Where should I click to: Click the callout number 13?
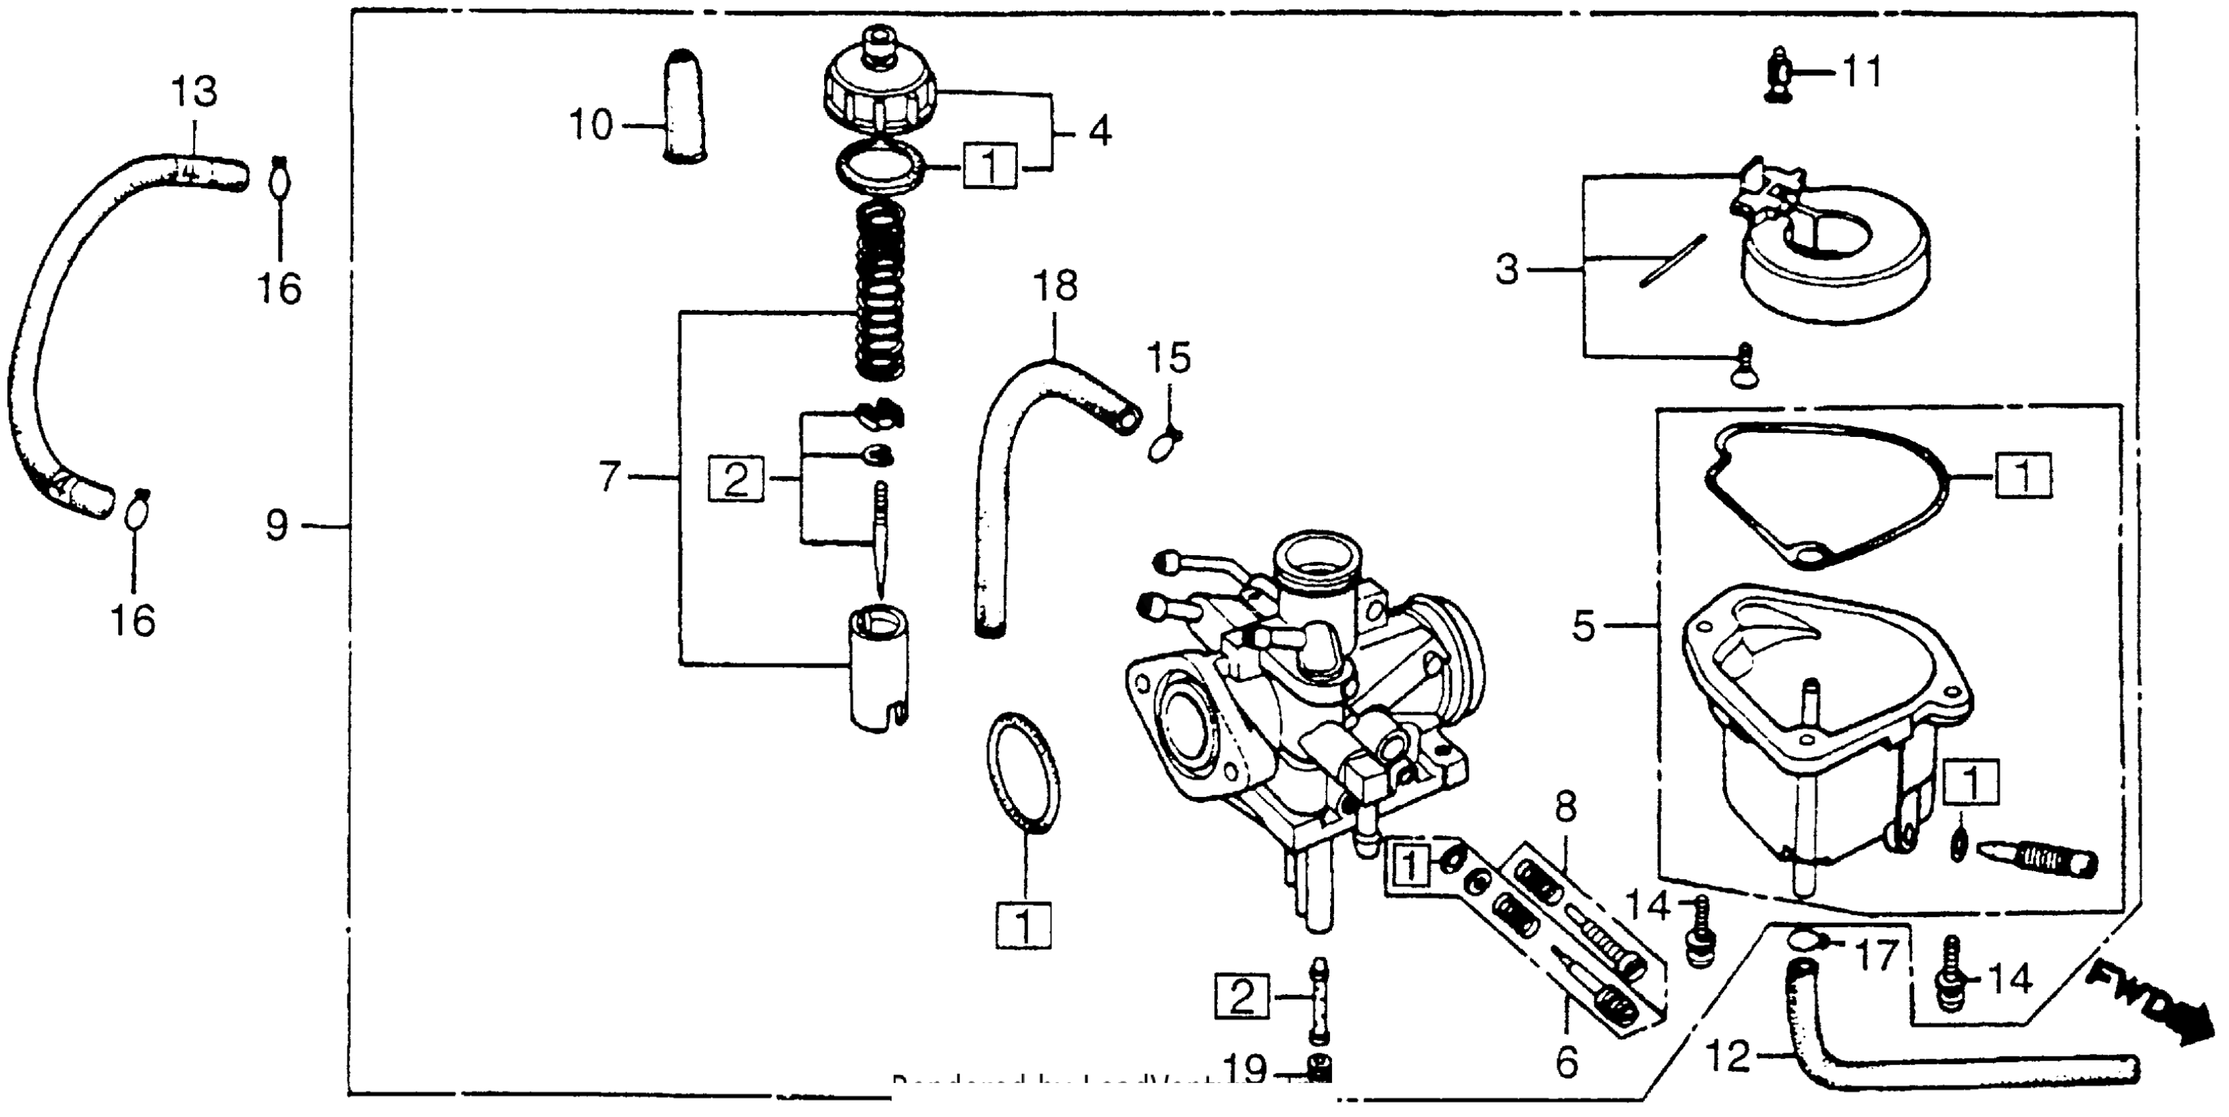coord(193,91)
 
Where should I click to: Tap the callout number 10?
coord(591,125)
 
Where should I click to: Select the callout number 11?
coord(1861,73)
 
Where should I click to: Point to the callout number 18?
coord(1055,286)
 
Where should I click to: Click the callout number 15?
coord(1169,357)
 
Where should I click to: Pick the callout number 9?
coord(276,525)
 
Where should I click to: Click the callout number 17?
coord(1873,955)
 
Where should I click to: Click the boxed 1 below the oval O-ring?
coord(1023,926)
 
